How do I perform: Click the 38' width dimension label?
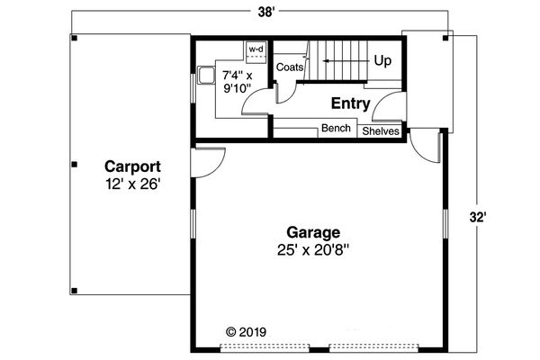(266, 12)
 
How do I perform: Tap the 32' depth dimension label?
(479, 218)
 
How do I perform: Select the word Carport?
(132, 167)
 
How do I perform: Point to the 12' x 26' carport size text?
(133, 184)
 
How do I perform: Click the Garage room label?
(313, 233)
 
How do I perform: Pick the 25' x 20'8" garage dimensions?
(313, 250)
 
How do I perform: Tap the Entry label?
(351, 103)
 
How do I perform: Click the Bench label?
(336, 128)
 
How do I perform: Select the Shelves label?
(381, 131)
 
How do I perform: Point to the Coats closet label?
(290, 67)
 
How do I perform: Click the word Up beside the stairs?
(382, 61)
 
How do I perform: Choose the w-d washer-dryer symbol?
(256, 52)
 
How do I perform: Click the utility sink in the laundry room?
(206, 76)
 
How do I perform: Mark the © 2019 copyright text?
(246, 332)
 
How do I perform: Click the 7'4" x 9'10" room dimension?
(238, 82)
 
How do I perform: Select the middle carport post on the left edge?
(75, 165)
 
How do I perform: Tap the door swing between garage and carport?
(208, 163)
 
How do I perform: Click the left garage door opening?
(265, 348)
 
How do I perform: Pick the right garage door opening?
(373, 348)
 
